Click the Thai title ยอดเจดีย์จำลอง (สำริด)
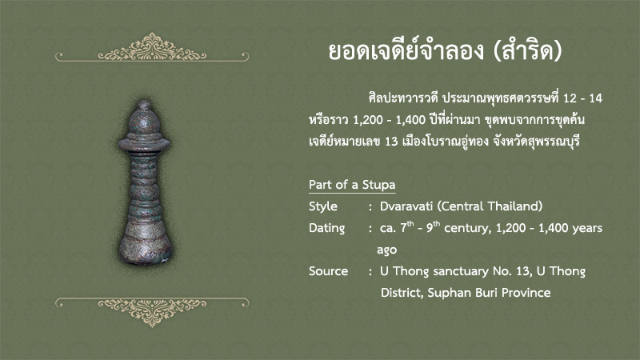(x=446, y=51)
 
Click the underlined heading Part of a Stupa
(x=352, y=185)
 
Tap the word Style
(x=323, y=206)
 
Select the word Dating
(x=326, y=228)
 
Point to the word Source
(x=328, y=271)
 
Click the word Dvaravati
(x=406, y=206)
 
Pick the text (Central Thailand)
(x=490, y=206)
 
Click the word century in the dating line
(x=467, y=228)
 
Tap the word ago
(x=387, y=250)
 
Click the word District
(x=402, y=293)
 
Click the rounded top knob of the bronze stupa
(x=144, y=118)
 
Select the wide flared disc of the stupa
(x=144, y=144)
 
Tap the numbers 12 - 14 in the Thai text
(x=582, y=98)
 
